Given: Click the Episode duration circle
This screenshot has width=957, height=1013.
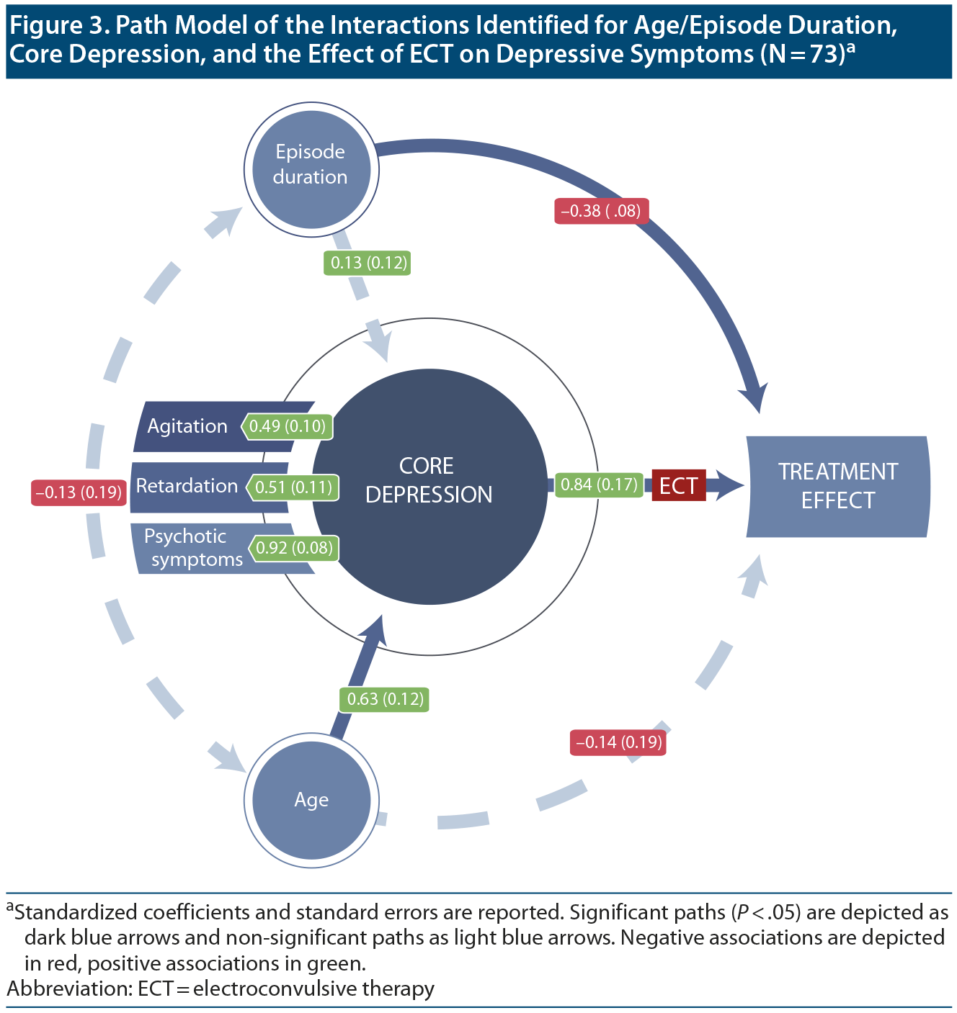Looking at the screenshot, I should (x=311, y=170).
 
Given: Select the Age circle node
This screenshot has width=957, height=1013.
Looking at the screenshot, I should (x=311, y=799).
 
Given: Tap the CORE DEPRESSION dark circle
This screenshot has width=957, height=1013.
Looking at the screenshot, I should (x=429, y=481).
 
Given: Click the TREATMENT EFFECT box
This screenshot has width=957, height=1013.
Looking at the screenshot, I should (x=837, y=486).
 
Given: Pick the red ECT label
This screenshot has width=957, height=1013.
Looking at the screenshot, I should (x=678, y=485).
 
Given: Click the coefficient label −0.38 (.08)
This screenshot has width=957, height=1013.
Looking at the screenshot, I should (x=601, y=211).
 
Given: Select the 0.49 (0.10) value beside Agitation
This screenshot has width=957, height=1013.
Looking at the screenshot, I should (x=288, y=426).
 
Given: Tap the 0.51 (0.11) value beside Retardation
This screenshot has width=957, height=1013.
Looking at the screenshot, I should (x=293, y=487).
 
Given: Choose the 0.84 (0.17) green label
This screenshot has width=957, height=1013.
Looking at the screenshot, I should (x=599, y=485).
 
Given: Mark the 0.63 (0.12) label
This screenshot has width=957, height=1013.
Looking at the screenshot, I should (x=385, y=699).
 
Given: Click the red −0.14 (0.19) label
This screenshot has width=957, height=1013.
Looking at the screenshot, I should (x=618, y=742).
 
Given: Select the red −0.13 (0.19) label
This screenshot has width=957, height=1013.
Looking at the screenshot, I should (x=79, y=492).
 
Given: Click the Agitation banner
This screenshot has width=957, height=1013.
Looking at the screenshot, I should (x=187, y=426).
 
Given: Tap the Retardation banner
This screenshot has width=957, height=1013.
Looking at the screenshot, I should (x=187, y=486).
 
